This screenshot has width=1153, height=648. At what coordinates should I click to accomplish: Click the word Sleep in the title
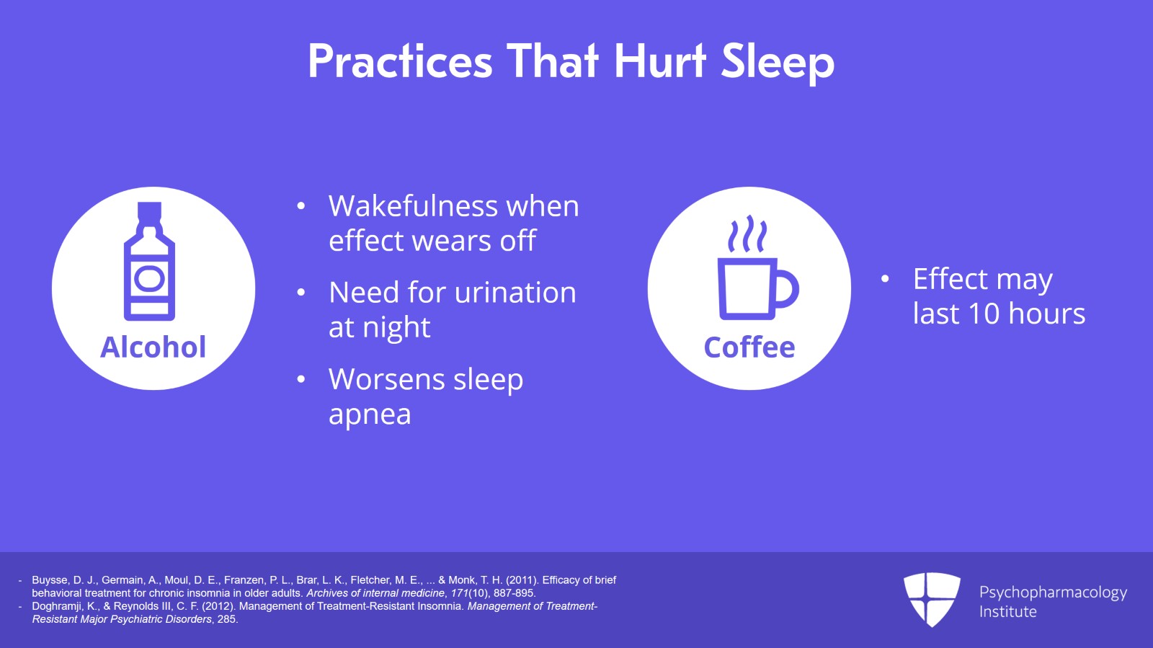(x=778, y=62)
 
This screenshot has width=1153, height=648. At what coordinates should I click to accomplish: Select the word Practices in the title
(x=400, y=62)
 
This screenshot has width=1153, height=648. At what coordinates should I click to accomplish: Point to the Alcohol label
(x=153, y=347)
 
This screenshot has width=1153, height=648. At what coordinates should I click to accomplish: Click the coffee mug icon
(x=757, y=288)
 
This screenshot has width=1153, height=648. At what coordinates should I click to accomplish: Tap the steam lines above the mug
(x=747, y=234)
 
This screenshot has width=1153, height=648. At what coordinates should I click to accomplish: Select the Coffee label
(x=749, y=347)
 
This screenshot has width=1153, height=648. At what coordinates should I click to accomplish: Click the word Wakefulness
(x=413, y=207)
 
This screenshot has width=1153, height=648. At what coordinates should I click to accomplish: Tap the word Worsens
(x=387, y=380)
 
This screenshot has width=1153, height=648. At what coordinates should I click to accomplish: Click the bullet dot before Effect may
(x=885, y=279)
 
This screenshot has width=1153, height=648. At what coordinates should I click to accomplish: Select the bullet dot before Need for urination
(x=301, y=293)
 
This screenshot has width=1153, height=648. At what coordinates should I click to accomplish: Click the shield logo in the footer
(x=932, y=598)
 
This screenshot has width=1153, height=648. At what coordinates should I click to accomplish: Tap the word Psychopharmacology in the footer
(x=1053, y=592)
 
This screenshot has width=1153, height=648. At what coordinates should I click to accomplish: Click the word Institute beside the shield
(x=1007, y=612)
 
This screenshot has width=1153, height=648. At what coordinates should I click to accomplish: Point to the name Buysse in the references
(x=50, y=580)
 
